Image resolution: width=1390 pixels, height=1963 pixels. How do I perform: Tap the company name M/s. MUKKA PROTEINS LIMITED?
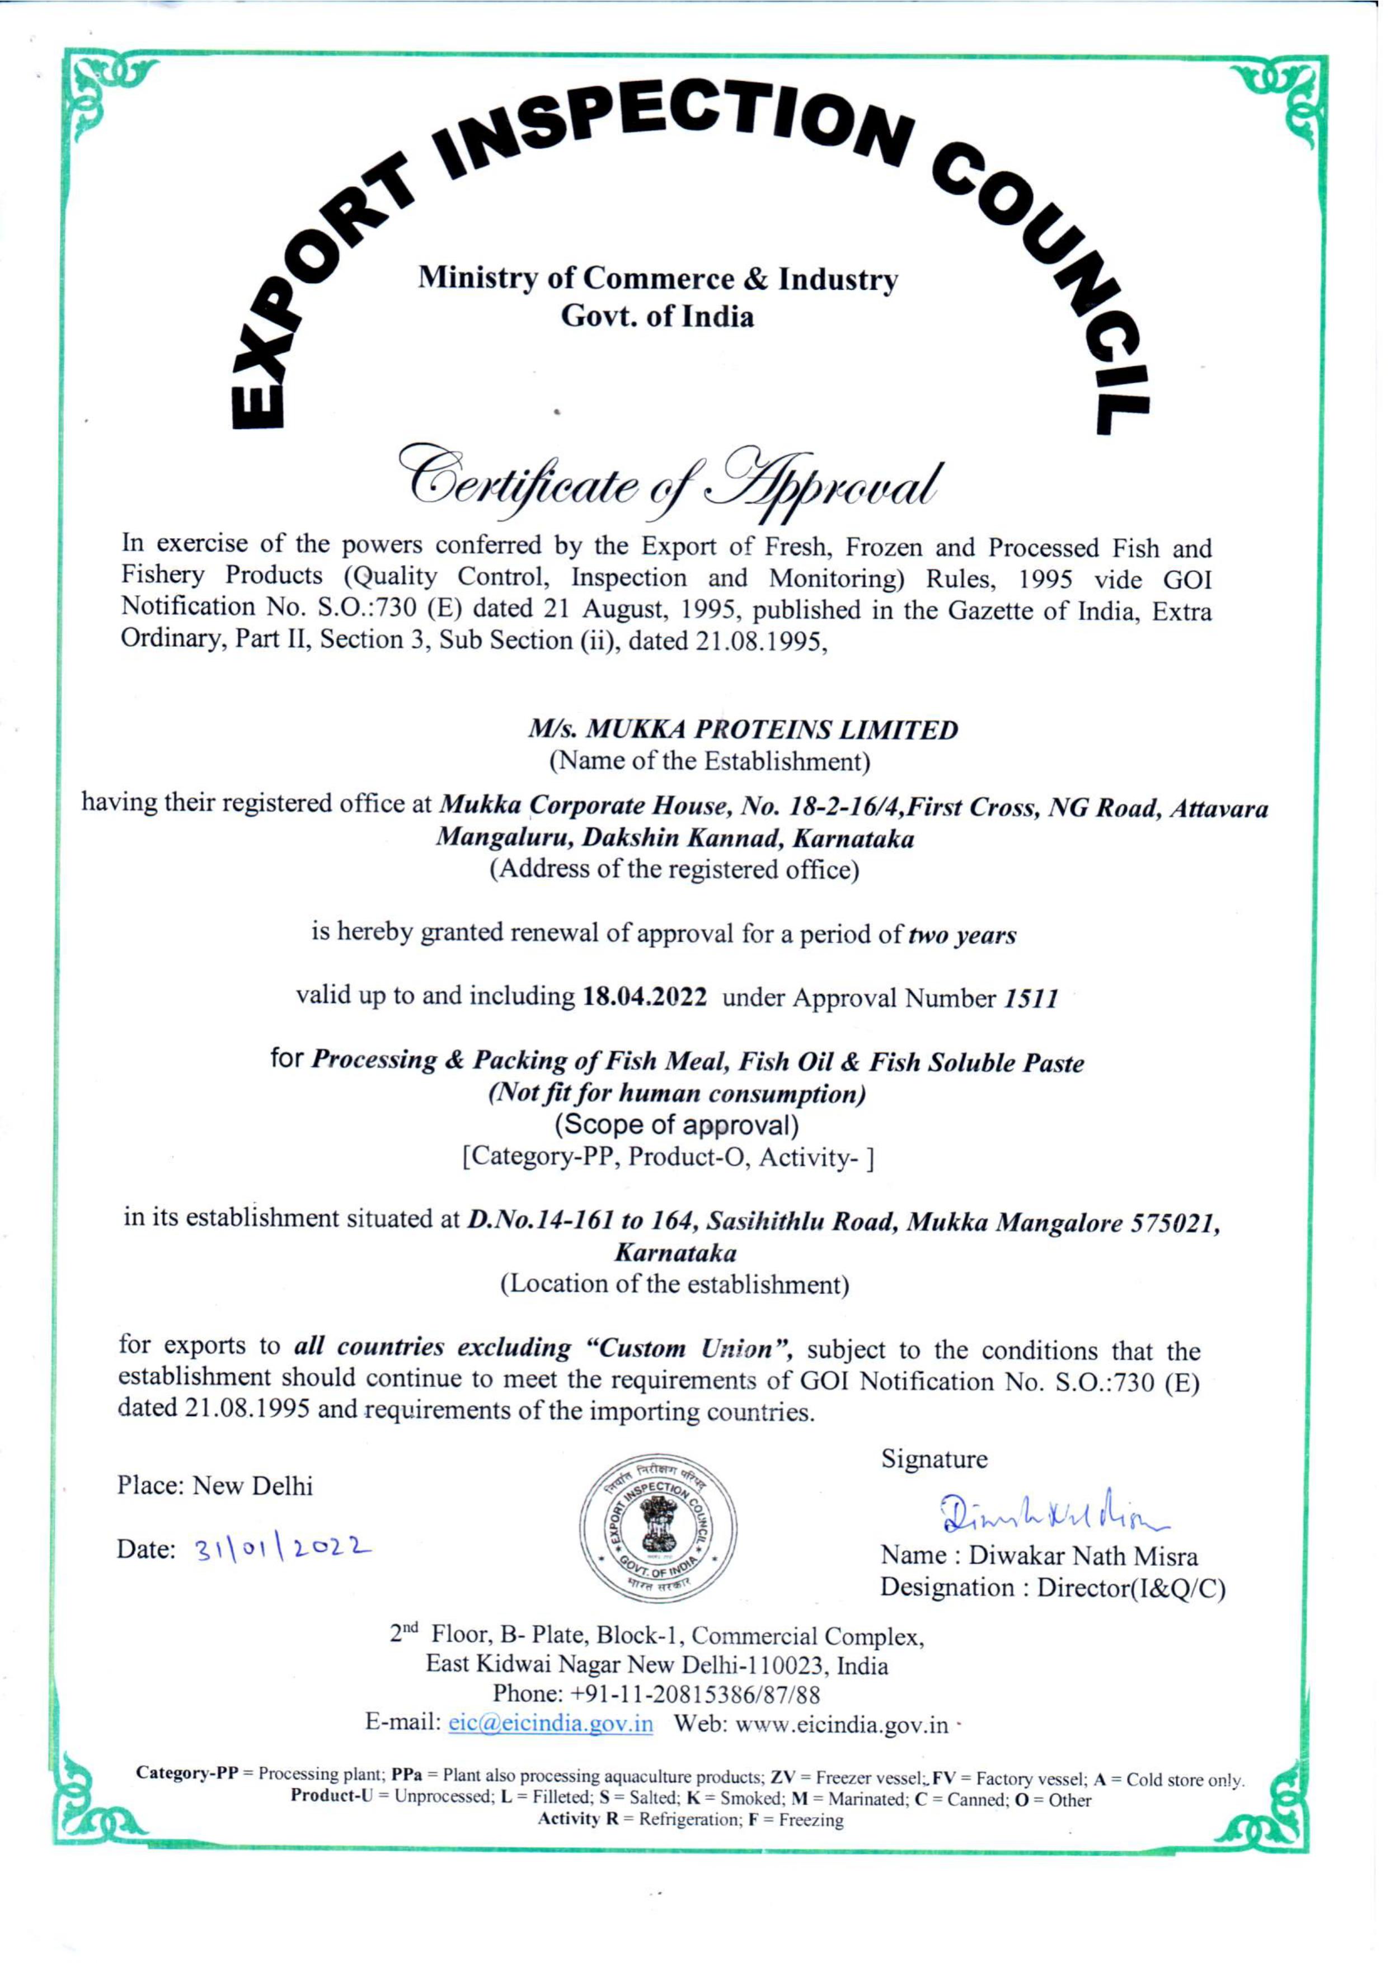tap(742, 730)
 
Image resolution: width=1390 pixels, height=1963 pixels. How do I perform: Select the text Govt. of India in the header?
tap(658, 317)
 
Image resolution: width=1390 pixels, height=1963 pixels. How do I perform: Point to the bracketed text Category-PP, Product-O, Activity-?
tap(668, 1157)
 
